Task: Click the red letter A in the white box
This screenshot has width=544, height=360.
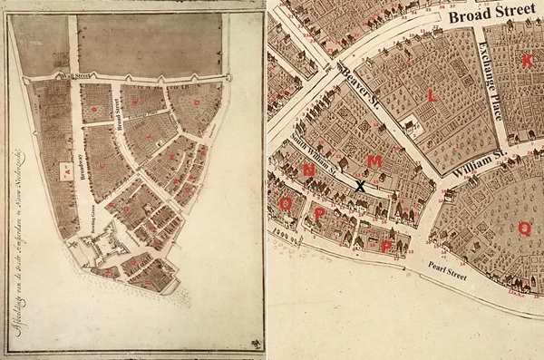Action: (65, 169)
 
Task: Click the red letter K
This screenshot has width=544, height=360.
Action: (527, 61)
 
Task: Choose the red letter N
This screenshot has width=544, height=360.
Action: (310, 170)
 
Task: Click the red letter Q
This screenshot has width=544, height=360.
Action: (523, 229)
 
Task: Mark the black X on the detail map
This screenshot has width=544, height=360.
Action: (361, 186)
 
